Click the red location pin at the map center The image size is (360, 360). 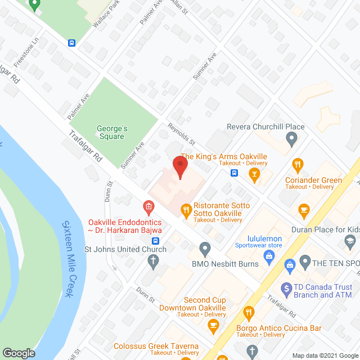tap(179, 166)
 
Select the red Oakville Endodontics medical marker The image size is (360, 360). tap(148, 208)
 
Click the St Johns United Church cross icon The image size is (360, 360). tap(152, 260)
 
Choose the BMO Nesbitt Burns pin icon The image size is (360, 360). tap(205, 248)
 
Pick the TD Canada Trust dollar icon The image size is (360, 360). tap(285, 287)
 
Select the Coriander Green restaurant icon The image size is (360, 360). tap(298, 165)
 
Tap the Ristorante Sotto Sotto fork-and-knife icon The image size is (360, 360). tap(185, 210)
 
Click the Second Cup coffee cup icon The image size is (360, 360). tap(213, 325)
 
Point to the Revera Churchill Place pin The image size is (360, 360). tap(291, 138)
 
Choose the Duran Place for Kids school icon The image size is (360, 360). tap(349, 240)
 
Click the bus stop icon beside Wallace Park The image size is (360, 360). tap(72, 43)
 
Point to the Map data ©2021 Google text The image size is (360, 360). tap(323, 355)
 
